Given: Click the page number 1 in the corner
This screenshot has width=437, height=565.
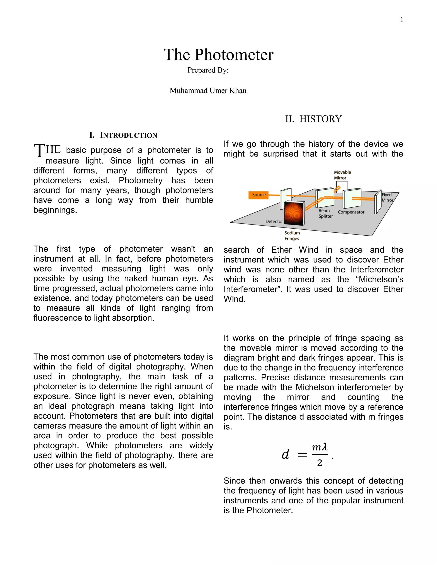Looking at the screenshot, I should (402, 20).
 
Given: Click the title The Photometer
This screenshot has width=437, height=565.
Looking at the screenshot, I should (218, 55).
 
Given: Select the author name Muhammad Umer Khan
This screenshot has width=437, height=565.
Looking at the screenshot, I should (208, 91).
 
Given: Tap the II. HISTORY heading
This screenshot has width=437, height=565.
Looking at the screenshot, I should (313, 119).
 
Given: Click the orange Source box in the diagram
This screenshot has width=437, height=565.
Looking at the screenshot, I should (258, 195).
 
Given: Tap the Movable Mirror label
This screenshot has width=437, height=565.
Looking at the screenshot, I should (342, 175).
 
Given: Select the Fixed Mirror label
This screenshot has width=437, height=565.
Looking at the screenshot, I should (387, 197).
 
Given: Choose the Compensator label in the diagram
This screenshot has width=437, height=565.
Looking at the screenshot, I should (351, 212).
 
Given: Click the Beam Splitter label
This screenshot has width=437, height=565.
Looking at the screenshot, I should (325, 213).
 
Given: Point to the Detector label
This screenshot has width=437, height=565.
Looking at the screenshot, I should (274, 222).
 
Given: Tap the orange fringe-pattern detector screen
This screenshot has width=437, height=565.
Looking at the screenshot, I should (294, 213).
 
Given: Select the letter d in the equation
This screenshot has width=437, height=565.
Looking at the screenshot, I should (285, 455).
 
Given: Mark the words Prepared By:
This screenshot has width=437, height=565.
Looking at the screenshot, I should (208, 70).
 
